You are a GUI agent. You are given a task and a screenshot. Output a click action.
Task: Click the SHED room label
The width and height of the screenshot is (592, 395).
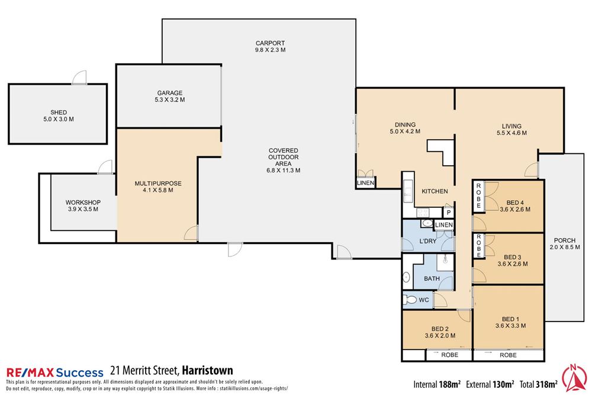(x=58, y=115)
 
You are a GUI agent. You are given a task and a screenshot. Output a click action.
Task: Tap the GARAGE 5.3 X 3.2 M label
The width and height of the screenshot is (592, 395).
(x=169, y=97)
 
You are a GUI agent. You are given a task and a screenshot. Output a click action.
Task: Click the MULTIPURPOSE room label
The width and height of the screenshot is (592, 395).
(x=157, y=187)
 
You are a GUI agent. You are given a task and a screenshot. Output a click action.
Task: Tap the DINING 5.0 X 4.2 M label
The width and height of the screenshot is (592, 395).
(x=406, y=128)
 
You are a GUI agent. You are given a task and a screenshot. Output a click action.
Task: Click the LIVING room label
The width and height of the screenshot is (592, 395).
(x=511, y=129)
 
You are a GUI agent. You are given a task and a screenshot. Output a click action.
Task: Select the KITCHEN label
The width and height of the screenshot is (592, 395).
(x=434, y=191)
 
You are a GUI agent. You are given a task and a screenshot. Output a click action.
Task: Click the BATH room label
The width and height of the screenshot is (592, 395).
(x=431, y=278)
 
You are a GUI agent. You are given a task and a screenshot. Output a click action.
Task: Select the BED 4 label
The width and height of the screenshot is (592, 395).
(x=514, y=205)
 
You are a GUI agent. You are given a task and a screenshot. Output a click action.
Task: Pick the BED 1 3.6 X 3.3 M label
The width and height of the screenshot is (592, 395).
(x=510, y=322)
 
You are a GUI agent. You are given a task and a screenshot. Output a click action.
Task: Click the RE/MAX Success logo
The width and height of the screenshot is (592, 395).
(x=54, y=372)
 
